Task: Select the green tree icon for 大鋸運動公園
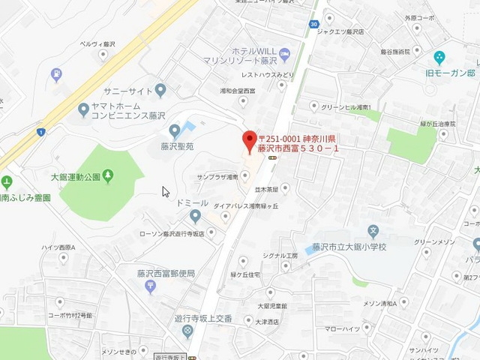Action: click(109, 175)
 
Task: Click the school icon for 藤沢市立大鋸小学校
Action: click(373, 229)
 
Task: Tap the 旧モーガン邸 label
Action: click(450, 73)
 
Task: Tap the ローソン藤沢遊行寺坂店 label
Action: click(172, 233)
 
